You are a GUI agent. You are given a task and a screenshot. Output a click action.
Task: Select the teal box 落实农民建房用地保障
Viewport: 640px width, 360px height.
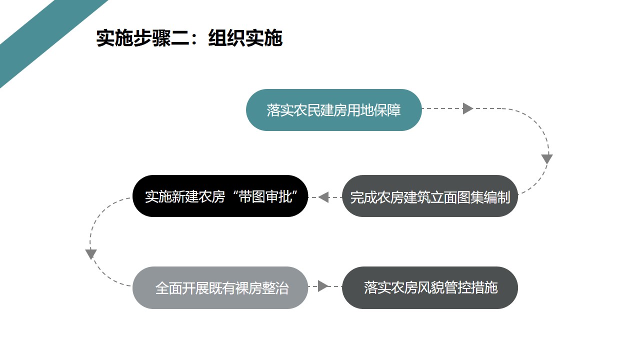333,110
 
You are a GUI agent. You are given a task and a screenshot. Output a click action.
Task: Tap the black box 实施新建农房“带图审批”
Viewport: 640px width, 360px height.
220,196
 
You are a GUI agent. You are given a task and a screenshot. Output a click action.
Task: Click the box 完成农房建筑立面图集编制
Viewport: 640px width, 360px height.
429,196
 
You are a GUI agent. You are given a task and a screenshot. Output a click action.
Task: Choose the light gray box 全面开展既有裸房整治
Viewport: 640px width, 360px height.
220,288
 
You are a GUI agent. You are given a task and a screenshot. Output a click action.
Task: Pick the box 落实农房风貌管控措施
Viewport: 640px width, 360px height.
429,288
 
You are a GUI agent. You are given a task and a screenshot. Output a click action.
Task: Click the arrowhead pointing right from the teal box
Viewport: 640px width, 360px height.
467,108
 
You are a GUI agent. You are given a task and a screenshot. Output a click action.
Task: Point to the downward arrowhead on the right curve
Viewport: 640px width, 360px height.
547,159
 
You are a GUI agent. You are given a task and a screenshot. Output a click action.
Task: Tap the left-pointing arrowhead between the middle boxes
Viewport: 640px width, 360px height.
323,197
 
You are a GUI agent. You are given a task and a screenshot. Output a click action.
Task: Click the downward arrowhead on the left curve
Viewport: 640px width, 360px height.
91,254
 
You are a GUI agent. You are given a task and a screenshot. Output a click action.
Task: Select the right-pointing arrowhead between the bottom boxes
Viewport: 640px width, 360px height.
323,286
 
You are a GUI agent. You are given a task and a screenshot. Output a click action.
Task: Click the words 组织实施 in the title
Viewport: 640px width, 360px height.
245,38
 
